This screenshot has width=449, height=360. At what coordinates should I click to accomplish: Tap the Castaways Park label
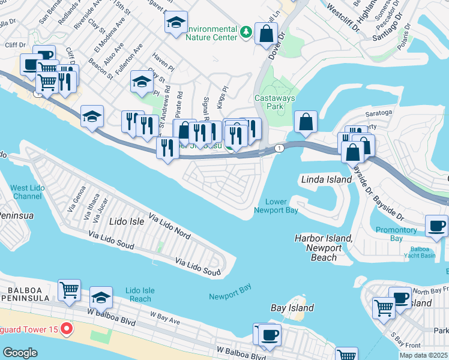pyautogui.click(x=268, y=102)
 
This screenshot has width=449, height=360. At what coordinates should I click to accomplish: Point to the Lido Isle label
pyautogui.click(x=127, y=221)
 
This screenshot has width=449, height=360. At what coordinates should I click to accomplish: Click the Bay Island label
pyautogui.click(x=292, y=308)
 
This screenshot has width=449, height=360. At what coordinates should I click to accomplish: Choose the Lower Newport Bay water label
pyautogui.click(x=276, y=206)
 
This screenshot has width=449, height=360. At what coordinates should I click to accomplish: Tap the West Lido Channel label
pyautogui.click(x=26, y=192)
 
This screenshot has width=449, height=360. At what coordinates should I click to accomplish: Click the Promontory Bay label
pyautogui.click(x=396, y=234)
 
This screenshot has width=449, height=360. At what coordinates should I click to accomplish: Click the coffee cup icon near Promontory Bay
pyautogui.click(x=436, y=226)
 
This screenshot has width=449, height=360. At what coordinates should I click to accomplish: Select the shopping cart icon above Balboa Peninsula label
pyautogui.click(x=69, y=290)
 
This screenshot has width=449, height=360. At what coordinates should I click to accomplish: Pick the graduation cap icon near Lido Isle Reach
pyautogui.click(x=101, y=297)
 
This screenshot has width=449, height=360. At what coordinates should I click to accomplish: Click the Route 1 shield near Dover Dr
pyautogui.click(x=279, y=148)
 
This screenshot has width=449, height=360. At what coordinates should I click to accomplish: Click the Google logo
pyautogui.click(x=20, y=353)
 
